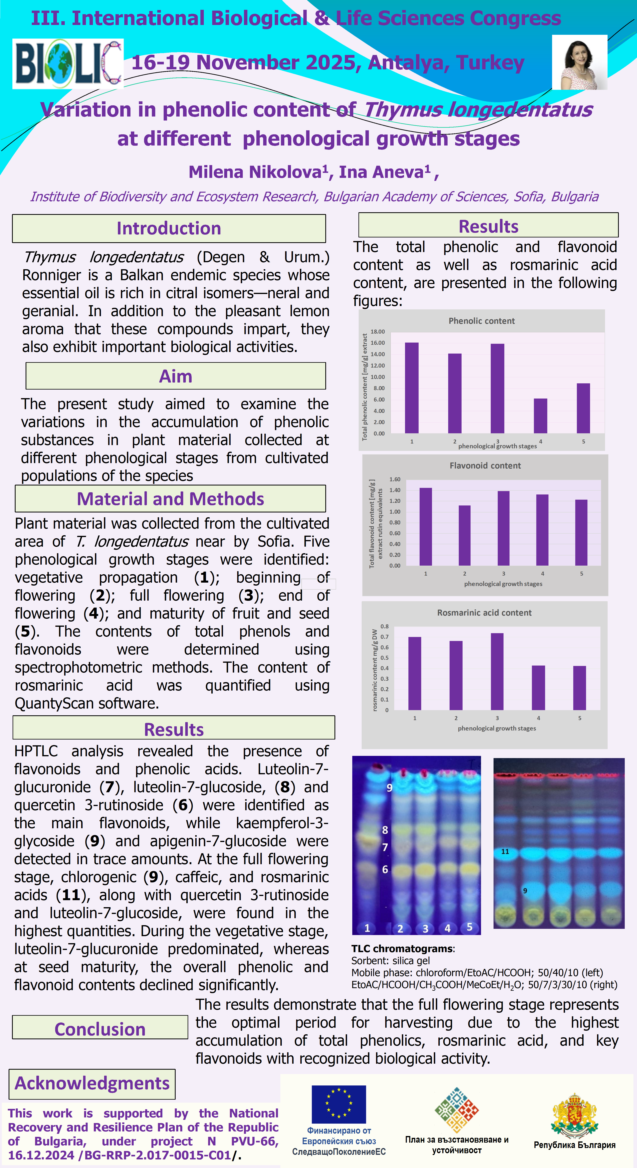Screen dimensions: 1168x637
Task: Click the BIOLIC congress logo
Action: point(68,64)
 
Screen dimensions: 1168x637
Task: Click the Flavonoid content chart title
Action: point(485,466)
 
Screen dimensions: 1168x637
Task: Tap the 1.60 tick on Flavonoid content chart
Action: point(395,479)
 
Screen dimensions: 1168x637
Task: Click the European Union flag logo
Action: point(339,1104)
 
